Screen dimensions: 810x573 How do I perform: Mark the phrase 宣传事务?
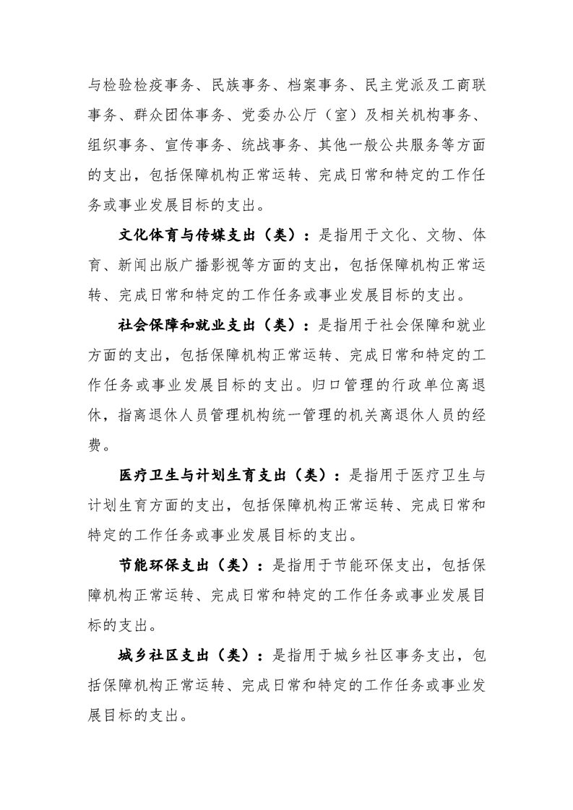[x=207, y=146]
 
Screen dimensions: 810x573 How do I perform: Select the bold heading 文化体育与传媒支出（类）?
[x=210, y=236]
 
